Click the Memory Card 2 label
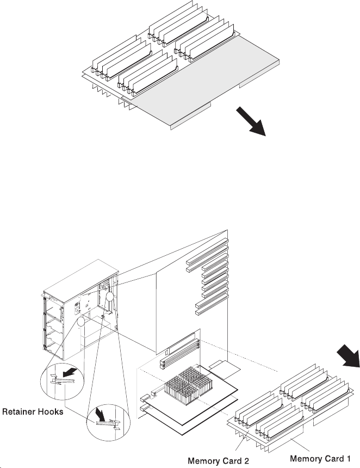tap(218, 460)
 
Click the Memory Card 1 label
tap(320, 459)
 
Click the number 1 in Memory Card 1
tap(348, 459)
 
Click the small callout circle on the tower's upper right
tap(109, 297)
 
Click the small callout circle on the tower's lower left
tap(82, 322)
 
